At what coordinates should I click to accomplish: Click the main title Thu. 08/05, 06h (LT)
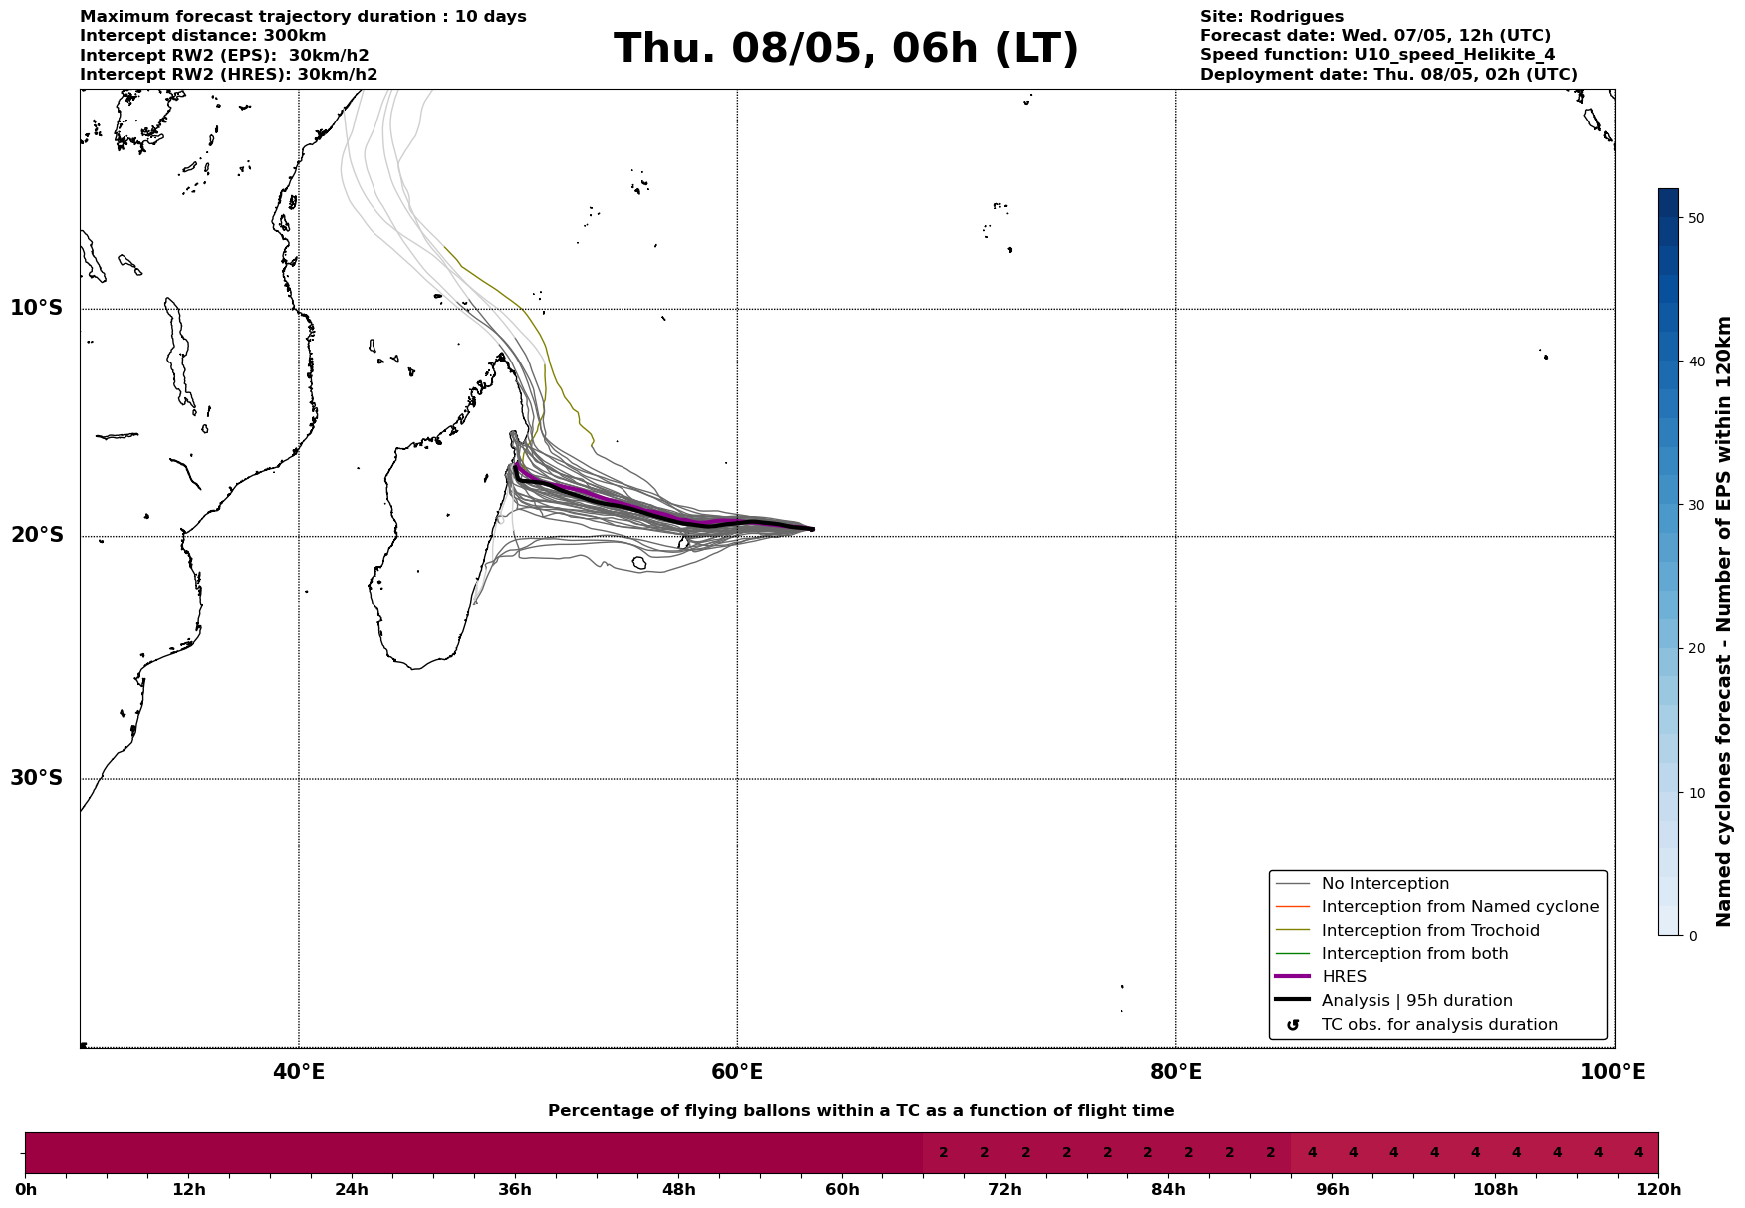[x=846, y=49]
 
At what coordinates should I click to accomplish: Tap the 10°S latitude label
[x=37, y=308]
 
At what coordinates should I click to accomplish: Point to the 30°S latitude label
[x=37, y=778]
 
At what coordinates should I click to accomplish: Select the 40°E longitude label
[x=299, y=1072]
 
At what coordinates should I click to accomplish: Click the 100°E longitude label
[x=1613, y=1072]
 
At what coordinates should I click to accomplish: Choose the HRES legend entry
[x=1344, y=977]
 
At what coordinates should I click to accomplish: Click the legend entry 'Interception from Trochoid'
[x=1429, y=931]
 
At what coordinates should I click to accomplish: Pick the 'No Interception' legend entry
[x=1384, y=884]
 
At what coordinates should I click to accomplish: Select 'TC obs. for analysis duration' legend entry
[x=1438, y=1025]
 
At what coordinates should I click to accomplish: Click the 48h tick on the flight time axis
[x=678, y=1189]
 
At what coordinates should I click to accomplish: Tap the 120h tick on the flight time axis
[x=1657, y=1189]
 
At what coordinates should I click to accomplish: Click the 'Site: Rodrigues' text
[x=1271, y=17]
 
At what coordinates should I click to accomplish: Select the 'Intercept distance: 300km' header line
[x=202, y=36]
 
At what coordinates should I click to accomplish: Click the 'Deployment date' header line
[x=1388, y=75]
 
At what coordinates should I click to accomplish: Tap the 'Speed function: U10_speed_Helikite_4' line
[x=1376, y=55]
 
